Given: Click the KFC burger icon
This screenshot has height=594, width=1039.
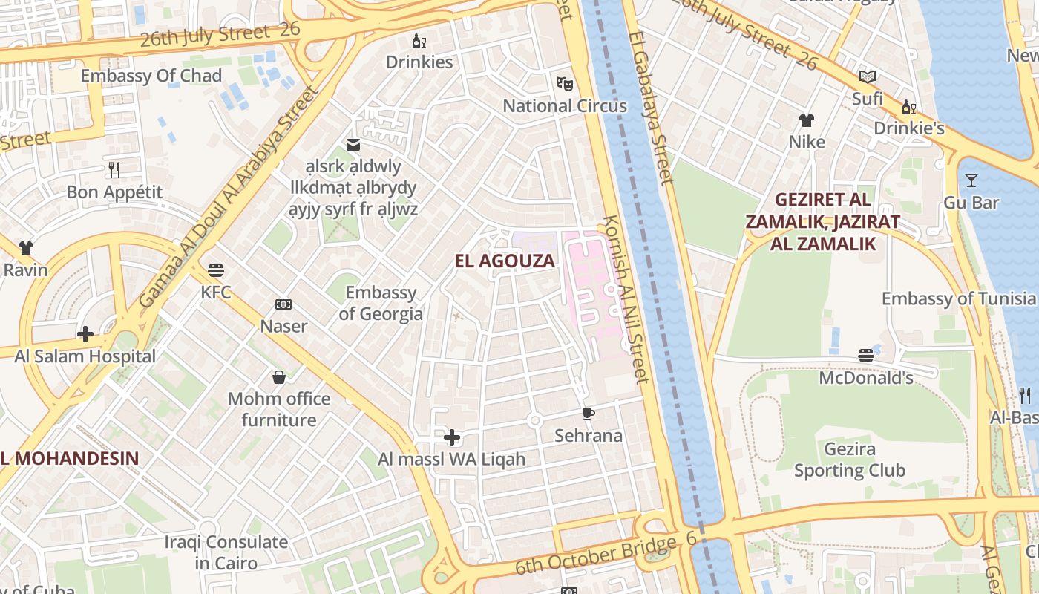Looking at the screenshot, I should tap(216, 270).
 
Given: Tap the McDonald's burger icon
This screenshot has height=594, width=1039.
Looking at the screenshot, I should tap(865, 356).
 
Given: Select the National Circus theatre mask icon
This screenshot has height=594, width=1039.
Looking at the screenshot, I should tap(565, 83).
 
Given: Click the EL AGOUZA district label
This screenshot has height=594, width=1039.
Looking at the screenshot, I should tap(505, 261).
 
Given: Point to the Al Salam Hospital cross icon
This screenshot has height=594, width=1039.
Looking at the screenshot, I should tap(85, 334).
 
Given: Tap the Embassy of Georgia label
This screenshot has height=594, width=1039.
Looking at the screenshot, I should tap(381, 303).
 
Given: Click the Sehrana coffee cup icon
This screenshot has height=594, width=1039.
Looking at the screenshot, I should tap(589, 414).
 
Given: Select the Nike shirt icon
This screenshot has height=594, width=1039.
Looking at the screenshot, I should tap(807, 120).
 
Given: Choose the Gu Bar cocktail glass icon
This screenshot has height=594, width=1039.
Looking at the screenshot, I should tap(971, 180).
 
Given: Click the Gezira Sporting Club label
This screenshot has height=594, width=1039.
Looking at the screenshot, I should tap(850, 460).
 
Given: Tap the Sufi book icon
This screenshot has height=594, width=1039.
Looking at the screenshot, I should tap(867, 76).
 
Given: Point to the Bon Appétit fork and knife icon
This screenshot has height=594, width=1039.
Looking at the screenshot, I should tap(114, 170).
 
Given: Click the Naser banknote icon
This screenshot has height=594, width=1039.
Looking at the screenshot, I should tap(283, 304).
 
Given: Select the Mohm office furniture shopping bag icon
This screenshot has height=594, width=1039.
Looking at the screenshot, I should tap(279, 377).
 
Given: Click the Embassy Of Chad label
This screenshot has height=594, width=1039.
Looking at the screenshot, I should tap(151, 76).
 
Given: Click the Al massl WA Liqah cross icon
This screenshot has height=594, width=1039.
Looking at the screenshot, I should tap(451, 437).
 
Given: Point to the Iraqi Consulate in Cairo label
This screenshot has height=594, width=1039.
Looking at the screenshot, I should tap(226, 552).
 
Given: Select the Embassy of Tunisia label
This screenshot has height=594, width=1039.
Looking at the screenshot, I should tap(958, 298).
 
